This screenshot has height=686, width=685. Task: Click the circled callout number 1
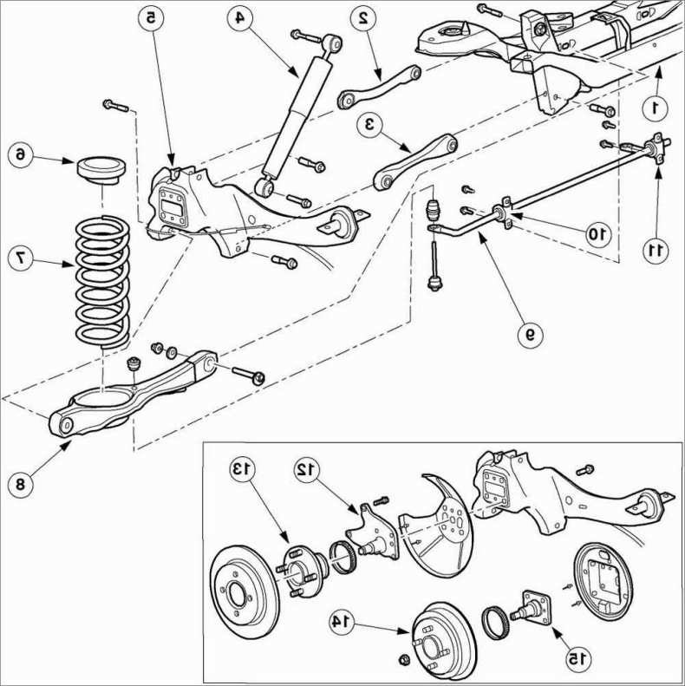pyautogui.click(x=656, y=107)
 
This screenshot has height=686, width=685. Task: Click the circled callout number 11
pyautogui.click(x=656, y=251)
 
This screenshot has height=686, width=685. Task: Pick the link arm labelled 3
pyautogui.click(x=414, y=160)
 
